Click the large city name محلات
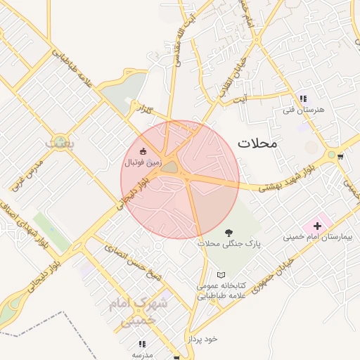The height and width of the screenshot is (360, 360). coord(257,143)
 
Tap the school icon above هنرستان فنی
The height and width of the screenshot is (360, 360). coord(302,99)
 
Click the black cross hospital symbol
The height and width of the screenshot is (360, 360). coord(317,226)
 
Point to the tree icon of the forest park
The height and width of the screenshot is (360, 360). coord(228,232)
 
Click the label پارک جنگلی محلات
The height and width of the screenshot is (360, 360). coord(229,243)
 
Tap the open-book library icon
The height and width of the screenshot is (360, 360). coord(221,275)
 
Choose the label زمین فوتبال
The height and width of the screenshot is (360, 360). coord(143,162)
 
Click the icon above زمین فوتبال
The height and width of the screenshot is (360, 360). coord(143,151)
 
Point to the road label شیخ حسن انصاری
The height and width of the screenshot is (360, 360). coord(133,261)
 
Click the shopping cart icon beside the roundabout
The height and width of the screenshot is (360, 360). coord(340,155)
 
